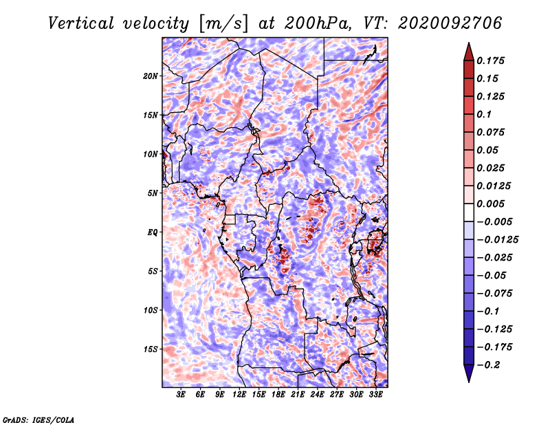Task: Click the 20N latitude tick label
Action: (151, 76)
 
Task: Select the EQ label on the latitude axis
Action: (153, 232)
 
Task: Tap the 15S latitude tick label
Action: (151, 349)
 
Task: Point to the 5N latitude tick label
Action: (153, 193)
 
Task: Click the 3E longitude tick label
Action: (181, 395)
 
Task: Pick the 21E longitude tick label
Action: (298, 395)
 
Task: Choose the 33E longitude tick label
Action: (375, 395)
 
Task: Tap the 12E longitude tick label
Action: (239, 395)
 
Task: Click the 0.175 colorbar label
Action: (490, 61)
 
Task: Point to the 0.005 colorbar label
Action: (490, 204)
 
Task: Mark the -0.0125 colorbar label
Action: (497, 240)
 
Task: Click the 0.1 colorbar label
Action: (484, 114)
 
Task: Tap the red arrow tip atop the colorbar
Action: (469, 43)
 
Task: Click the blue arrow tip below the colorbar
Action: (469, 382)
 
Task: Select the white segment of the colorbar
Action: (469, 212)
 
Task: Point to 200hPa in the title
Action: (317, 23)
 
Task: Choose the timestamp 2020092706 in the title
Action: (450, 23)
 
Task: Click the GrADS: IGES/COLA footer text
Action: (38, 419)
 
